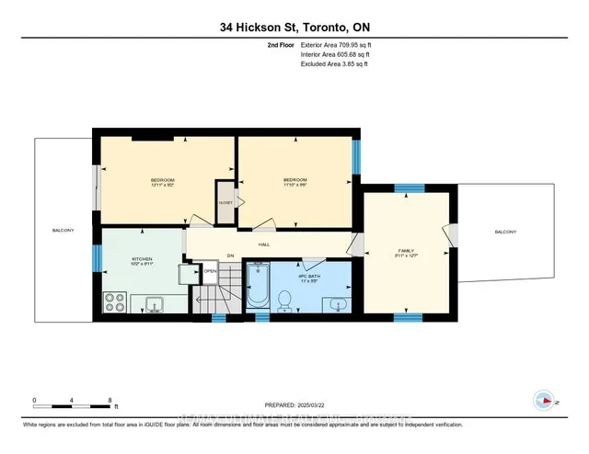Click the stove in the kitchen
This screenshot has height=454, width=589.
point(117,301)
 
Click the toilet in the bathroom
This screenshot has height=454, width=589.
point(285,299)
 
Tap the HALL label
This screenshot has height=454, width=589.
point(263,244)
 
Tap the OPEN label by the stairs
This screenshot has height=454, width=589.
point(210,271)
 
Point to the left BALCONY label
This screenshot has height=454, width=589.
point(64,230)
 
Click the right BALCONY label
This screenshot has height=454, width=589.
point(505,231)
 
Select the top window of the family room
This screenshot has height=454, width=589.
point(403,187)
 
